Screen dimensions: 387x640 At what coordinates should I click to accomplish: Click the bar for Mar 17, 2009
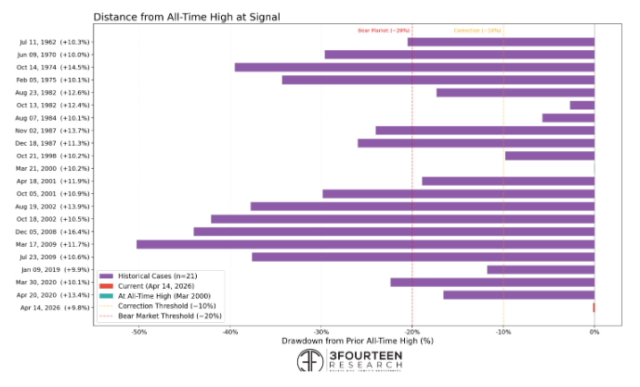coord(365,244)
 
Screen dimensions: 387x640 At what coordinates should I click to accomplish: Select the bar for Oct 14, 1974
coord(414,67)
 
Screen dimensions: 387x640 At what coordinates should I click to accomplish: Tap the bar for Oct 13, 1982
coord(581,105)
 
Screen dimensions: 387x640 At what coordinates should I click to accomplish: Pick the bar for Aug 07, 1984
coord(568,118)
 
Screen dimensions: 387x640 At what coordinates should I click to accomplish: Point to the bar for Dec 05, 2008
coord(394,231)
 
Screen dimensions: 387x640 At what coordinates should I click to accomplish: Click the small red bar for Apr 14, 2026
coord(594,307)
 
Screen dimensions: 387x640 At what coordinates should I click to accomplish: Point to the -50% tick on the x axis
coord(138,331)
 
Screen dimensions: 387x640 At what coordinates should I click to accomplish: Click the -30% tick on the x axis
coord(320,331)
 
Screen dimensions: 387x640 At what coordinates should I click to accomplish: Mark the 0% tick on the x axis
coord(594,331)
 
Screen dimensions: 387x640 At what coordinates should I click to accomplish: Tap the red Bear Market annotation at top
coord(384,31)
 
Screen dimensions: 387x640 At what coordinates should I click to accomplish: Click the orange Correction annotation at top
coord(477,31)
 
